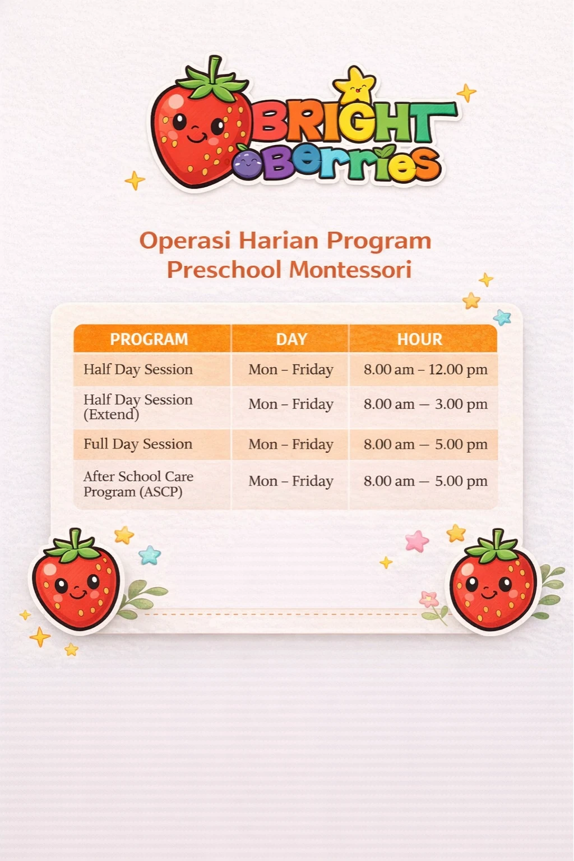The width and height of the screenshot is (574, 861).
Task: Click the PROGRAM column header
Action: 149,339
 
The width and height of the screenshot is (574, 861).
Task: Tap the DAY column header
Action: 291,339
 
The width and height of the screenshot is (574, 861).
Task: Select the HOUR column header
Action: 420,339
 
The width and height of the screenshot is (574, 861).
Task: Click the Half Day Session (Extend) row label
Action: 138,407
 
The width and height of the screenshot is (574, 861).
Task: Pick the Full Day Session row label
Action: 138,444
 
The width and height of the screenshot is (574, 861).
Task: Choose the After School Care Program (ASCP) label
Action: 138,484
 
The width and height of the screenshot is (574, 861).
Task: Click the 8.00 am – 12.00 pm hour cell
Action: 425,369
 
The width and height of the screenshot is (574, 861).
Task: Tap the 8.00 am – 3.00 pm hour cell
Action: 425,404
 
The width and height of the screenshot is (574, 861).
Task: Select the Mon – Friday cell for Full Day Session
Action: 291,445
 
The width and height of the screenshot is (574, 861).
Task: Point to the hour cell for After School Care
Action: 425,481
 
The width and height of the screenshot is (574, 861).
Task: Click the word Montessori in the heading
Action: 350,270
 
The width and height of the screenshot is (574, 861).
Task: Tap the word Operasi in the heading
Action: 185,240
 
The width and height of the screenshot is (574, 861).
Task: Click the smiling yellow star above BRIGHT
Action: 355,85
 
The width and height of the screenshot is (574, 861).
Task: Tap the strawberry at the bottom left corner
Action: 76,580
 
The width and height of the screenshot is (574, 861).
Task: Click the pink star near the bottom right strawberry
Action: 417,541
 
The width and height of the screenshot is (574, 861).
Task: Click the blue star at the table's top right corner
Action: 502,317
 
